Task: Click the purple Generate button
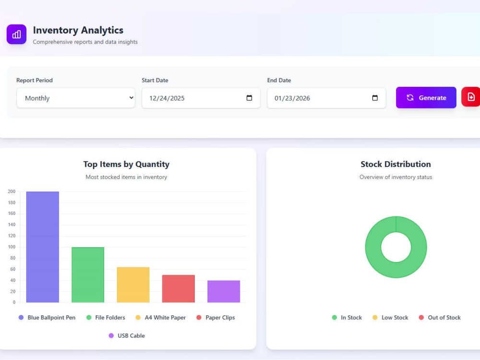(426, 97)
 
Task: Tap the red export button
(471, 97)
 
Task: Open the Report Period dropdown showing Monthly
(76, 98)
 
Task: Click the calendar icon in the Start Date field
(249, 97)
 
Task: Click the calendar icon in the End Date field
(375, 97)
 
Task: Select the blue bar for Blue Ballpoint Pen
(43, 247)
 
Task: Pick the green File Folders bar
(88, 275)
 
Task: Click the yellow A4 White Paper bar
(133, 285)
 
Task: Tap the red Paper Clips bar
(179, 288)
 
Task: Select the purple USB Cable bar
(224, 291)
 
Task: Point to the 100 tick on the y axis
(12, 247)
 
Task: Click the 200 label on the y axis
(12, 192)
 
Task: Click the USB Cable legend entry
(127, 336)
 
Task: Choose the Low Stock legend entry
(390, 317)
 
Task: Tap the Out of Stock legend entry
(440, 317)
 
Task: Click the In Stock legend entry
(347, 317)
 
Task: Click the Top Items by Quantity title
(126, 164)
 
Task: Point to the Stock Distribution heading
(396, 164)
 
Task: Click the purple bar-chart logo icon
(16, 34)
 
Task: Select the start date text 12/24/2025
(167, 98)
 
